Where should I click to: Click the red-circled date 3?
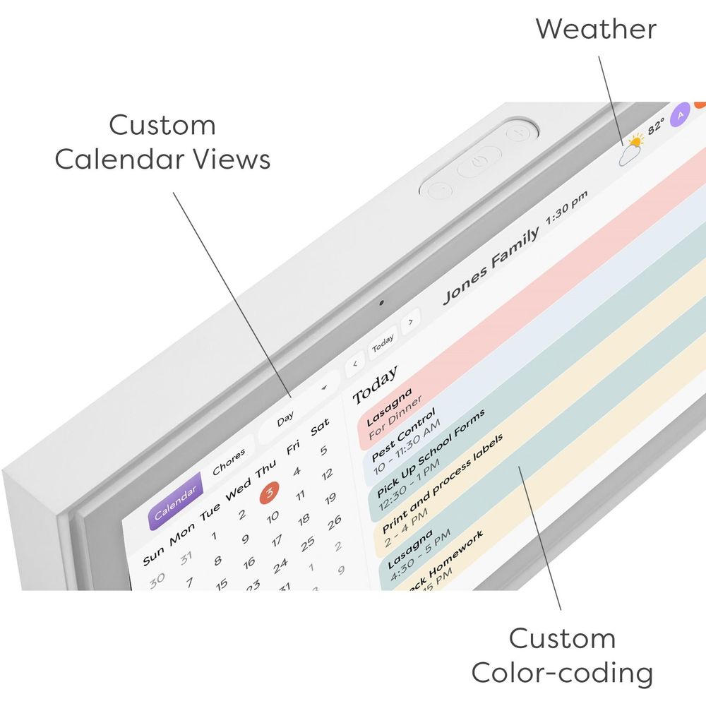(x=270, y=491)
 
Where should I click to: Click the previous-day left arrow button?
(x=354, y=364)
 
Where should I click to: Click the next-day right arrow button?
(x=410, y=320)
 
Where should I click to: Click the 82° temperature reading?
(x=656, y=126)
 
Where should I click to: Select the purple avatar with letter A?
(x=681, y=114)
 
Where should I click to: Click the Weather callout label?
(x=595, y=29)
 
